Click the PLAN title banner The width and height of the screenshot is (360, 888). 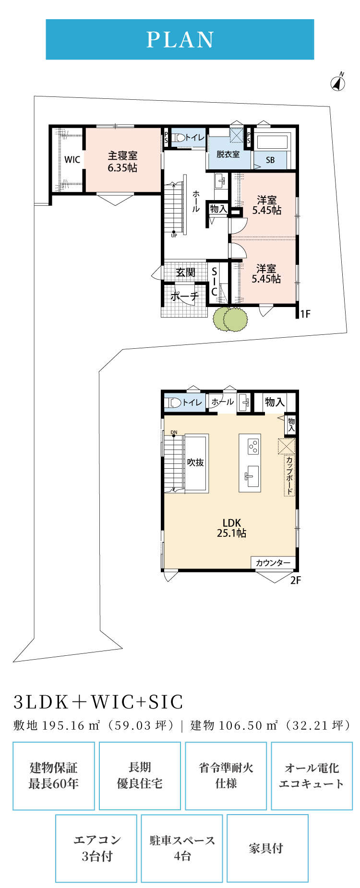[x=180, y=39]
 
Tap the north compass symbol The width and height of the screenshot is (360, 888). [x=338, y=83]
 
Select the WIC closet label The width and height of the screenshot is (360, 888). [x=72, y=160]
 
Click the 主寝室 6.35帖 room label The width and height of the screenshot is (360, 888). [x=122, y=162]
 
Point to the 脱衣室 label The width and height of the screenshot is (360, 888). [x=228, y=154]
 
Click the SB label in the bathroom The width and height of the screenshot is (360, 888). [x=270, y=160]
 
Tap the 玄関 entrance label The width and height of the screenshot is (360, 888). [x=186, y=272]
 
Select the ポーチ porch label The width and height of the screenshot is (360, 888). [x=185, y=296]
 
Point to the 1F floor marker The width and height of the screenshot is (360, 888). [x=305, y=314]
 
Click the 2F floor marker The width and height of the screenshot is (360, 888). [x=296, y=580]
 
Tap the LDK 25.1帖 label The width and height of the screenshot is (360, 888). [x=231, y=528]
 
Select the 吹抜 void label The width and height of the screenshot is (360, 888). [x=196, y=462]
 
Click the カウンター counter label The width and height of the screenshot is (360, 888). [x=273, y=563]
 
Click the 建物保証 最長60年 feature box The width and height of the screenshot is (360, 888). [x=54, y=776]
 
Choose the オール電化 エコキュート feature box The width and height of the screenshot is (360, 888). [x=312, y=776]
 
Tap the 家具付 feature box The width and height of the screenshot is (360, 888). [x=267, y=848]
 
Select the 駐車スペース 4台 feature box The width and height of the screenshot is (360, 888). [x=182, y=848]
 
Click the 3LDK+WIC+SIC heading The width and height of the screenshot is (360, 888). [x=99, y=702]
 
